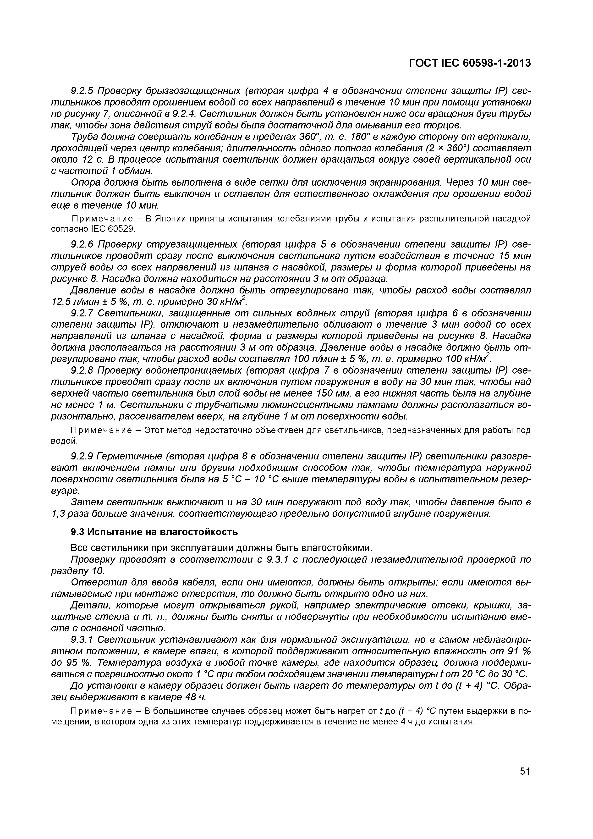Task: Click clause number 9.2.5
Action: point(82,91)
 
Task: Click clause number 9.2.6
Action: point(82,244)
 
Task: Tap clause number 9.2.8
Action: point(82,370)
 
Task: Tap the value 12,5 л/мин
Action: point(73,302)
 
